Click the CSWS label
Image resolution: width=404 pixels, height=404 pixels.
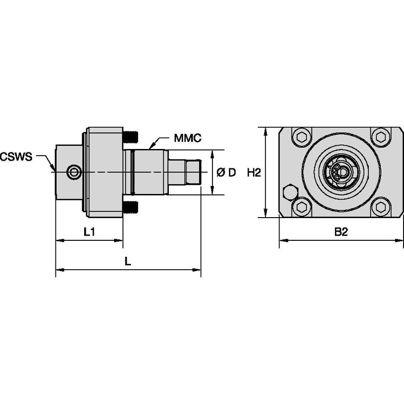tap(16, 157)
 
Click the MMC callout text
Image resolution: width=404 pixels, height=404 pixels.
tap(188, 138)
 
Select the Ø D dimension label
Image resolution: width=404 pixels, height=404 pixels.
tap(226, 173)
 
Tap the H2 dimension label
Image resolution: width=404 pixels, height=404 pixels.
tap(254, 173)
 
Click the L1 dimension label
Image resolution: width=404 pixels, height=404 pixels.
tap(90, 232)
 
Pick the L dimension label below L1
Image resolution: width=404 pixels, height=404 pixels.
tap(128, 261)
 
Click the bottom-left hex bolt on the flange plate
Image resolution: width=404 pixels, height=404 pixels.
tap(301, 207)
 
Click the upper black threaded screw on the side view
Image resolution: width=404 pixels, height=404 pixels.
tap(131, 137)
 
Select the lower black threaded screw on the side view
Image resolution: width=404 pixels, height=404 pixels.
tap(131, 207)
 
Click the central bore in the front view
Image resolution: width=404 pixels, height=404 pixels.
tap(342, 172)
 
